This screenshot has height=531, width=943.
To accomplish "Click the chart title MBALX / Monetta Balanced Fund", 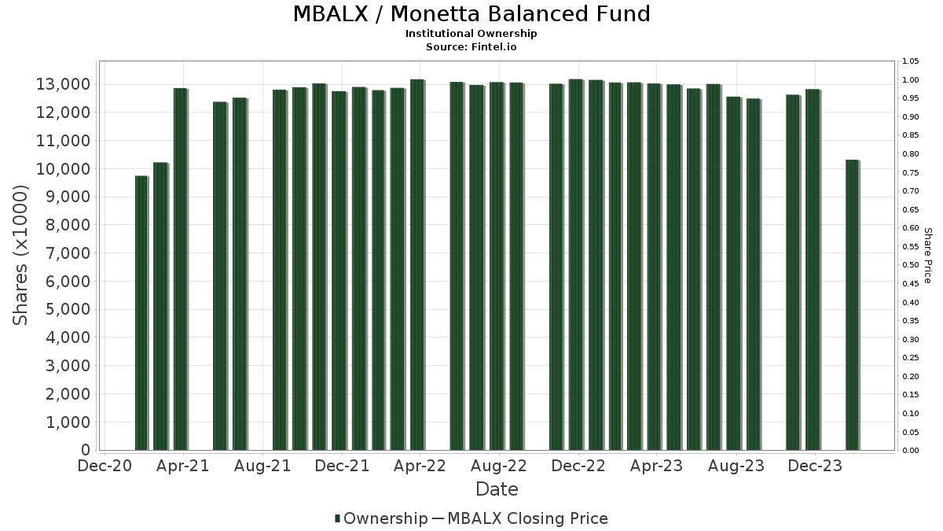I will pyautogui.click(x=472, y=14).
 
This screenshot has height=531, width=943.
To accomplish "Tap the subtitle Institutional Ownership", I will pyautogui.click(x=472, y=34).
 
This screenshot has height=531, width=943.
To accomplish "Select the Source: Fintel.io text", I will pyautogui.click(x=472, y=46).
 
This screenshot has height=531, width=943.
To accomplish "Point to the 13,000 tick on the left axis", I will pyautogui.click(x=65, y=84).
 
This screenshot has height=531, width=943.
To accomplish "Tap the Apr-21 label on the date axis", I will pyautogui.click(x=183, y=466).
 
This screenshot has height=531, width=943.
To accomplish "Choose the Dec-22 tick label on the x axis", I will pyautogui.click(x=578, y=466).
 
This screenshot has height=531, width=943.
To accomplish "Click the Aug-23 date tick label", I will pyautogui.click(x=736, y=466).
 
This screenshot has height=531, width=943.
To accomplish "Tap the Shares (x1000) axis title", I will pyautogui.click(x=21, y=255).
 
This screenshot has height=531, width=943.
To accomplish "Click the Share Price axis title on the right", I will pyautogui.click(x=927, y=255).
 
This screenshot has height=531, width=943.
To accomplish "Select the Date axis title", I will pyautogui.click(x=497, y=489).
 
